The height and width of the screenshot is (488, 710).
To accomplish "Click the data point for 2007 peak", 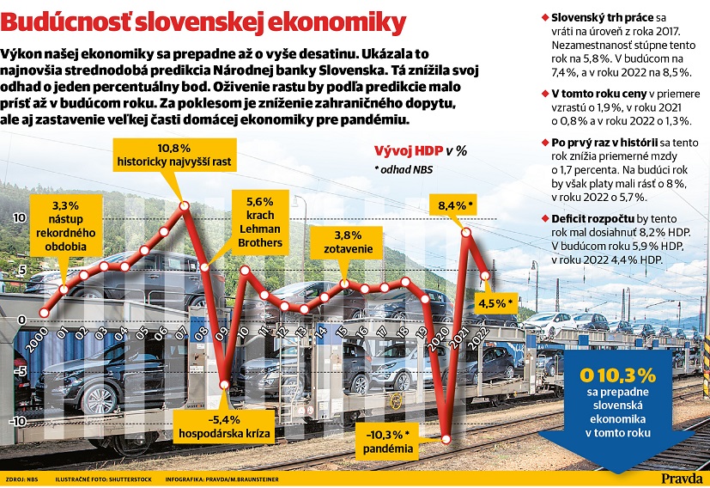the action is coord(184,205).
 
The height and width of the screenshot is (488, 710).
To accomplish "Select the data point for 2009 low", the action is coord(224,385).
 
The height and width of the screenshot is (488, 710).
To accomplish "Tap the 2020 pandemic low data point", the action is coord(446,439).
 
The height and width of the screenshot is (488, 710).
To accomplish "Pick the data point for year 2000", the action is coord(44,313).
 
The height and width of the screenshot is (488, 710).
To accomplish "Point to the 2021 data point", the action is coord(466,233).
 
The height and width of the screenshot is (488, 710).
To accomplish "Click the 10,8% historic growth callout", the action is coord(174,155).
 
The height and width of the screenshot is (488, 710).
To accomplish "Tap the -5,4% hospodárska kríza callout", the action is coord(224,427).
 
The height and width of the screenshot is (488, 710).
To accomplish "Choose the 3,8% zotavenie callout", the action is coord(348,242).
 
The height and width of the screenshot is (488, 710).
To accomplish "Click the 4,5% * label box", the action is coord(496,303).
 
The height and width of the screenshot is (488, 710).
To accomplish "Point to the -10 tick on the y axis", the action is coord(17,421).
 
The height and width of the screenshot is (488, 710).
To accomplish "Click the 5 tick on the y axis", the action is coord(21,271).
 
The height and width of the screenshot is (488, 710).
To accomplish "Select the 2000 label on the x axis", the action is coord(37,340).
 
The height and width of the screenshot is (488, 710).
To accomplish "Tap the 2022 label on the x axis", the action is coord(478,338).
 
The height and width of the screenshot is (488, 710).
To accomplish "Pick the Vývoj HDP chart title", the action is coord(421,151).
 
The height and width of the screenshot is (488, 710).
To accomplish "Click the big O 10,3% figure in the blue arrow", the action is coord(617,375).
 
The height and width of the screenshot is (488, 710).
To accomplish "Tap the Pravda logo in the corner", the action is coord(682,478).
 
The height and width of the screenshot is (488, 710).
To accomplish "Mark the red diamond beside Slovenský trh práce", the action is coord(545,18).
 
